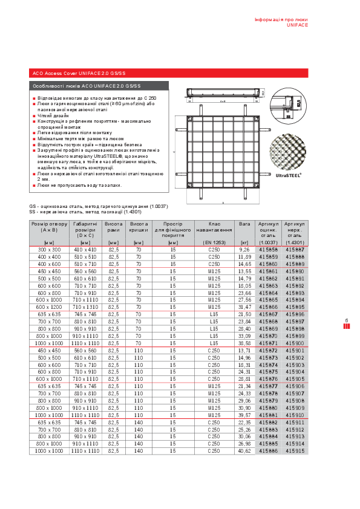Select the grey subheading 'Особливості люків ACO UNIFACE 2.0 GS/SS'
(87, 86)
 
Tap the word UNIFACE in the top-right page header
(297, 25)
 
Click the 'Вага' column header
(244, 224)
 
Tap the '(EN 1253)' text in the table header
(214, 242)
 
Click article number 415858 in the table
(268, 249)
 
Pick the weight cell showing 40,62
(244, 451)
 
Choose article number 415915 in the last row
(295, 451)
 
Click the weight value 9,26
(244, 249)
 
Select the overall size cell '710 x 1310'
(85, 307)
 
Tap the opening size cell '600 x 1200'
(49, 307)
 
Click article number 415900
(295, 343)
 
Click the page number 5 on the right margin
(347, 321)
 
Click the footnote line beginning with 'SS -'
(85, 212)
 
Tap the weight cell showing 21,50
(244, 314)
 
